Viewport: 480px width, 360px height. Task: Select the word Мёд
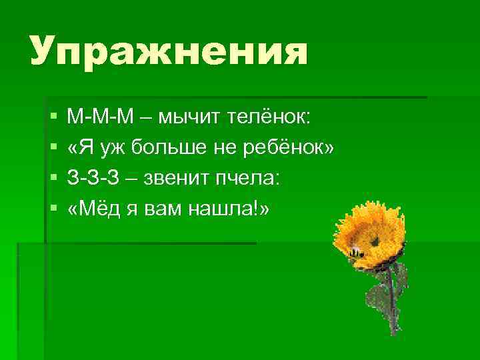93,209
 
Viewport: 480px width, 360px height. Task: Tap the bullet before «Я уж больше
53,149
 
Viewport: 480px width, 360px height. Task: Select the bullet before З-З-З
53,179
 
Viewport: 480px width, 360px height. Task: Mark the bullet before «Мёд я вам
53,209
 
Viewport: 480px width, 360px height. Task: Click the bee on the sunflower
355,251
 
